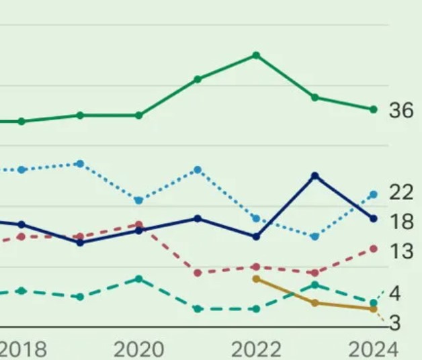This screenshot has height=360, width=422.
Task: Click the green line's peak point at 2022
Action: point(256,55)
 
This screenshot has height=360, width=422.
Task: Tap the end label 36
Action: point(401,111)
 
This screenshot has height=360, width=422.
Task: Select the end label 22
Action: point(401,193)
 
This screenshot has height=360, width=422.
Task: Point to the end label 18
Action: point(401,222)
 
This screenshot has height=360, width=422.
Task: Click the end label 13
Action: point(401,252)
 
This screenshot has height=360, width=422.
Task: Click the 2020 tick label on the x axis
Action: point(138,349)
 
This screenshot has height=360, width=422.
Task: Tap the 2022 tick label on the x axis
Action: point(256,349)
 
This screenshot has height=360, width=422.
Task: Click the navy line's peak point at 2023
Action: point(314,176)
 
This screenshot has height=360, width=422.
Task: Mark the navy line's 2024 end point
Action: point(374,218)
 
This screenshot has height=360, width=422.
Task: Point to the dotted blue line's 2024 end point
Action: point(374,194)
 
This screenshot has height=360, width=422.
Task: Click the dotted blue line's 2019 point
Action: point(80,164)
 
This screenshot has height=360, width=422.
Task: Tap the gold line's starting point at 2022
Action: point(256,278)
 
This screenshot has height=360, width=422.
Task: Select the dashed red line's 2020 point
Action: point(138,225)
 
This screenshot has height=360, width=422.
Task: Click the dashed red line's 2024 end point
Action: point(374,249)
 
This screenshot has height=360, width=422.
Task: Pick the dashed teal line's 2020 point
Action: point(138,278)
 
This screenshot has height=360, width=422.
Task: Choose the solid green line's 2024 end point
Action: point(374,109)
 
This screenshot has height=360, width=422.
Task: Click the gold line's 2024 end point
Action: point(374,309)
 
